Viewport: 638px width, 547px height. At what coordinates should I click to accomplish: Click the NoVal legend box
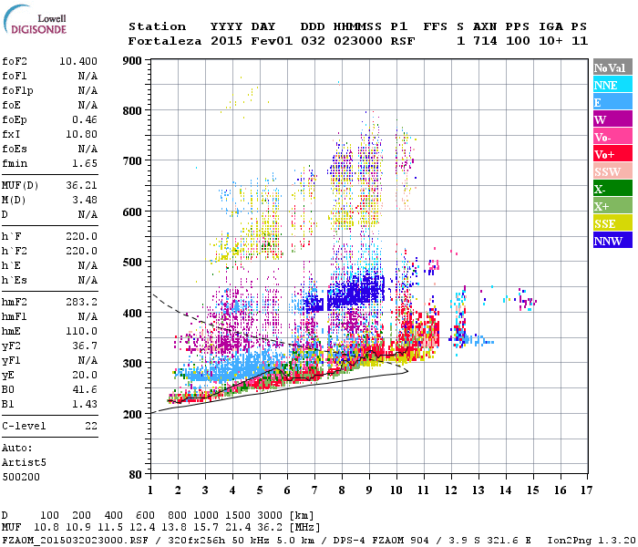pyautogui.click(x=612, y=67)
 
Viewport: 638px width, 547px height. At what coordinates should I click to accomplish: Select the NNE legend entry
pyautogui.click(x=612, y=85)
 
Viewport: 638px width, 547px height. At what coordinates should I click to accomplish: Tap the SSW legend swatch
pyautogui.click(x=612, y=171)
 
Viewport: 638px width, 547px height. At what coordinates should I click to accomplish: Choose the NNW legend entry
pyautogui.click(x=612, y=241)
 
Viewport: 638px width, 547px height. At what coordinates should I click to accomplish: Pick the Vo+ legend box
pyautogui.click(x=612, y=154)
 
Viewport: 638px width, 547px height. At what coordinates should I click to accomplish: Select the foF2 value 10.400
pyautogui.click(x=78, y=61)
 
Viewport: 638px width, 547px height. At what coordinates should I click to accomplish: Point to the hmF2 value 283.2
pyautogui.click(x=81, y=301)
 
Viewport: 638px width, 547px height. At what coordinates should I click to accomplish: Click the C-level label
pyautogui.click(x=25, y=426)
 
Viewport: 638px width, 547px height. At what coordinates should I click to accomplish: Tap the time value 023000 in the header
pyautogui.click(x=356, y=41)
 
